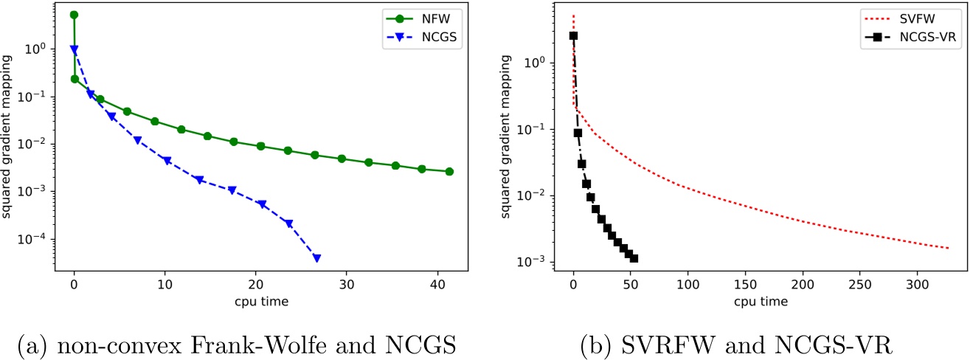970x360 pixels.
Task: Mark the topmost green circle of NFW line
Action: pyautogui.click(x=74, y=15)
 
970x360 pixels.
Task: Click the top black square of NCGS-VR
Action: pyautogui.click(x=573, y=35)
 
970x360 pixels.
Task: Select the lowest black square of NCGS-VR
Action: pyautogui.click(x=634, y=258)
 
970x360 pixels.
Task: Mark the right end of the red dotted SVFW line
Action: pyautogui.click(x=949, y=248)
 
